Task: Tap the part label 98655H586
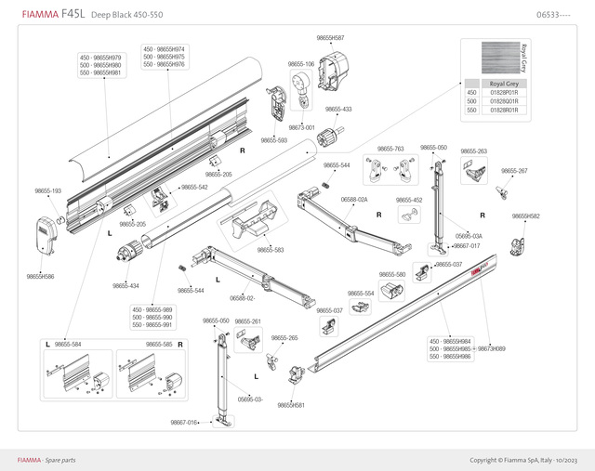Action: (40, 276)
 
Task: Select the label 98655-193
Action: (48, 190)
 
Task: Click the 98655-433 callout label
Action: (338, 110)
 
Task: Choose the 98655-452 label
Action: (409, 200)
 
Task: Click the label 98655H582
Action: (525, 216)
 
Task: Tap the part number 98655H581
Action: (292, 405)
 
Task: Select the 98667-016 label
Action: (184, 423)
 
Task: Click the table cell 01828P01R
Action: (504, 93)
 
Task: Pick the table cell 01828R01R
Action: (504, 110)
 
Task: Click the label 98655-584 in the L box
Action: (68, 345)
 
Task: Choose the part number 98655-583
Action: (271, 249)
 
